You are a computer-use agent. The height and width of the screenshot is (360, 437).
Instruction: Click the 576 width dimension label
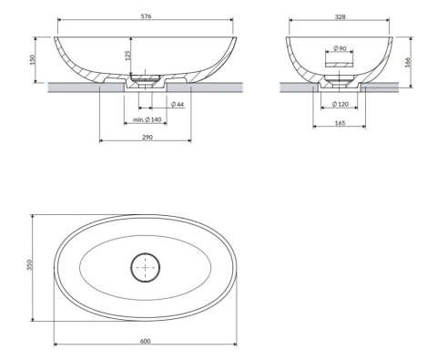[146, 16]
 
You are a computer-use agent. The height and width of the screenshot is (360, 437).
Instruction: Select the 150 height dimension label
[33, 59]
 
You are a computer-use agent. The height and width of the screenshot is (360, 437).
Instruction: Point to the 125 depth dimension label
[127, 56]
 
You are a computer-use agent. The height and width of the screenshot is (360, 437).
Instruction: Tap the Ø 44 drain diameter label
[178, 104]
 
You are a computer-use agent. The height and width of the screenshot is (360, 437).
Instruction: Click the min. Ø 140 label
[147, 119]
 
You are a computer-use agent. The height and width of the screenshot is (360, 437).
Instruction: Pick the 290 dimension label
[147, 137]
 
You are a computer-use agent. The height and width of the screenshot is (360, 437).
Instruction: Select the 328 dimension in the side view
[340, 17]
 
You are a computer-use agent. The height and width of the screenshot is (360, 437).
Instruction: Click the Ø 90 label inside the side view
[340, 48]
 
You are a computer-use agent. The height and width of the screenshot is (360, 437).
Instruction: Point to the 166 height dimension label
[408, 62]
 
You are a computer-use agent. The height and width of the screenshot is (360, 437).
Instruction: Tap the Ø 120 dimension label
[340, 104]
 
